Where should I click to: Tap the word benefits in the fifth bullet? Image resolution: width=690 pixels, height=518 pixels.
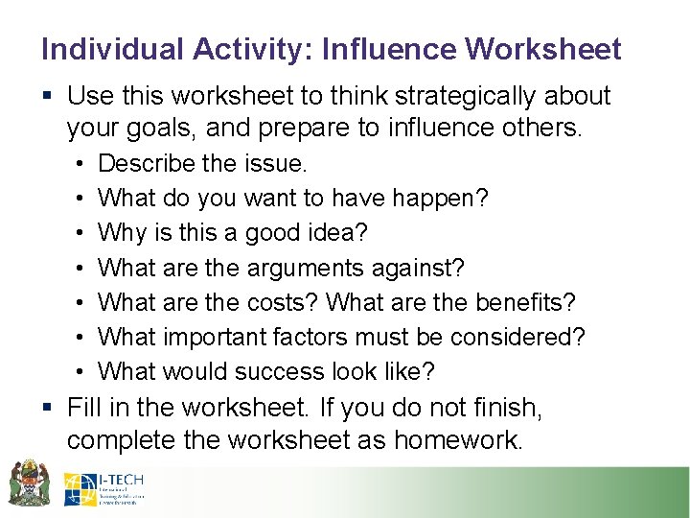click(530, 302)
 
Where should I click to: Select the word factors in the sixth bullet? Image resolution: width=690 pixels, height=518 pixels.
click(327, 337)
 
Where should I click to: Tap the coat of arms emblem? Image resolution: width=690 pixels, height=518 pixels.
click(29, 483)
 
